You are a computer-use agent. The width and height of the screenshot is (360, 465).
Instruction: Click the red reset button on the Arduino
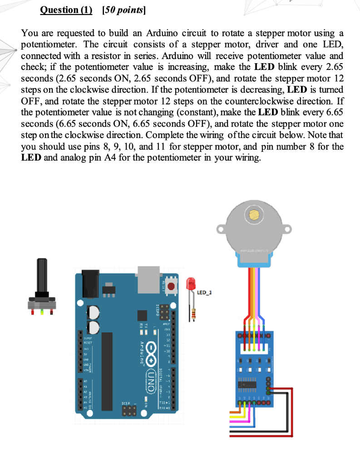click(172, 287)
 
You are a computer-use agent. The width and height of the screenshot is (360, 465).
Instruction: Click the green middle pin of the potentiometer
click(42, 312)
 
